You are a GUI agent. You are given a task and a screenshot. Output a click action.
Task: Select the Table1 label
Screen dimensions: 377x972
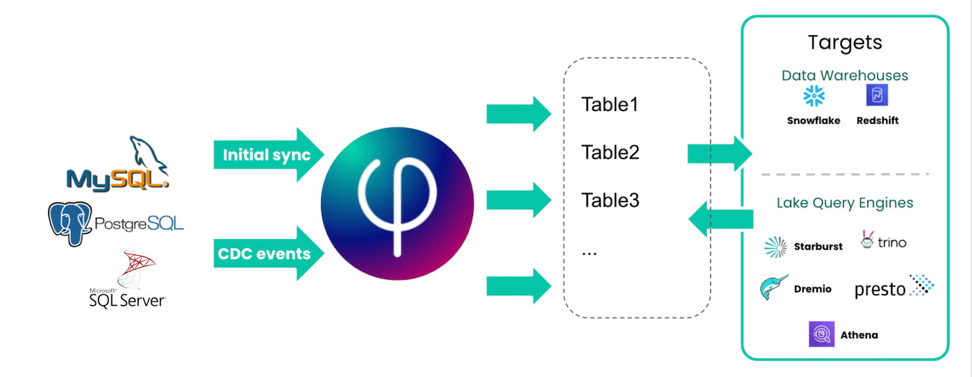[x=610, y=104]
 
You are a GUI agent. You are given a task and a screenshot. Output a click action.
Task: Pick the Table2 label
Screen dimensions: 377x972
[x=610, y=153]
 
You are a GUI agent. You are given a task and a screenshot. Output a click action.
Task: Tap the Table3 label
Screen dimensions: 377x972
[x=610, y=201]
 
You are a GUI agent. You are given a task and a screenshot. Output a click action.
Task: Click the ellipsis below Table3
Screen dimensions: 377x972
[x=589, y=252]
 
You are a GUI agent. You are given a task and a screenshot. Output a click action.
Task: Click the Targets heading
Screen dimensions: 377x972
[x=845, y=43]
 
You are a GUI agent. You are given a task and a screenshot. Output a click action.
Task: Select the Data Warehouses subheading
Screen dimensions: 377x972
[x=845, y=76]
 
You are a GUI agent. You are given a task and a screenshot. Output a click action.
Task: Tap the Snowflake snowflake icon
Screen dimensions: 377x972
[x=813, y=97]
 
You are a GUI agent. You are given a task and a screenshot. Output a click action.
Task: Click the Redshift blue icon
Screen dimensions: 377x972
[x=877, y=96]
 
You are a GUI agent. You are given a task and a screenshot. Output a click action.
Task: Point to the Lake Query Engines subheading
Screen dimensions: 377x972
[x=845, y=203]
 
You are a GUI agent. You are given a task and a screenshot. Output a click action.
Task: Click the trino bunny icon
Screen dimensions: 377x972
[x=867, y=239]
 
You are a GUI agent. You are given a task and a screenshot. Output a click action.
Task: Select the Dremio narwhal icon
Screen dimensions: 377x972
[x=774, y=288]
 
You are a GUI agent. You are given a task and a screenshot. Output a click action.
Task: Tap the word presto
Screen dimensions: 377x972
[x=880, y=290]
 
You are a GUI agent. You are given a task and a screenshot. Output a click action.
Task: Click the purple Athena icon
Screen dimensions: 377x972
[x=822, y=335]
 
